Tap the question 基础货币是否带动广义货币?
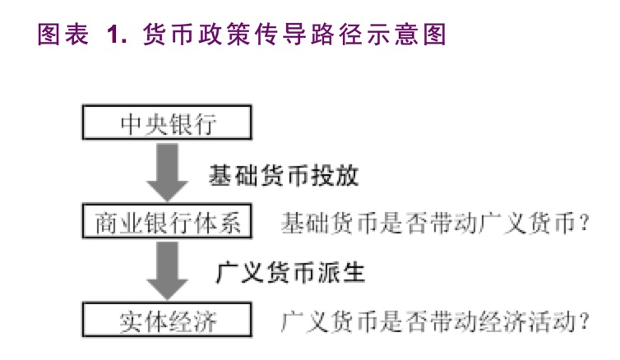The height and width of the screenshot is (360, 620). coord(436,223)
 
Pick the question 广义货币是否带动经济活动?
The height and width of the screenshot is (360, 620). coord(436,320)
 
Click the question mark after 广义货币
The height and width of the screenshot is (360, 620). coord(585,223)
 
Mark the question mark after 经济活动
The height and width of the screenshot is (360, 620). coord(585,320)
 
